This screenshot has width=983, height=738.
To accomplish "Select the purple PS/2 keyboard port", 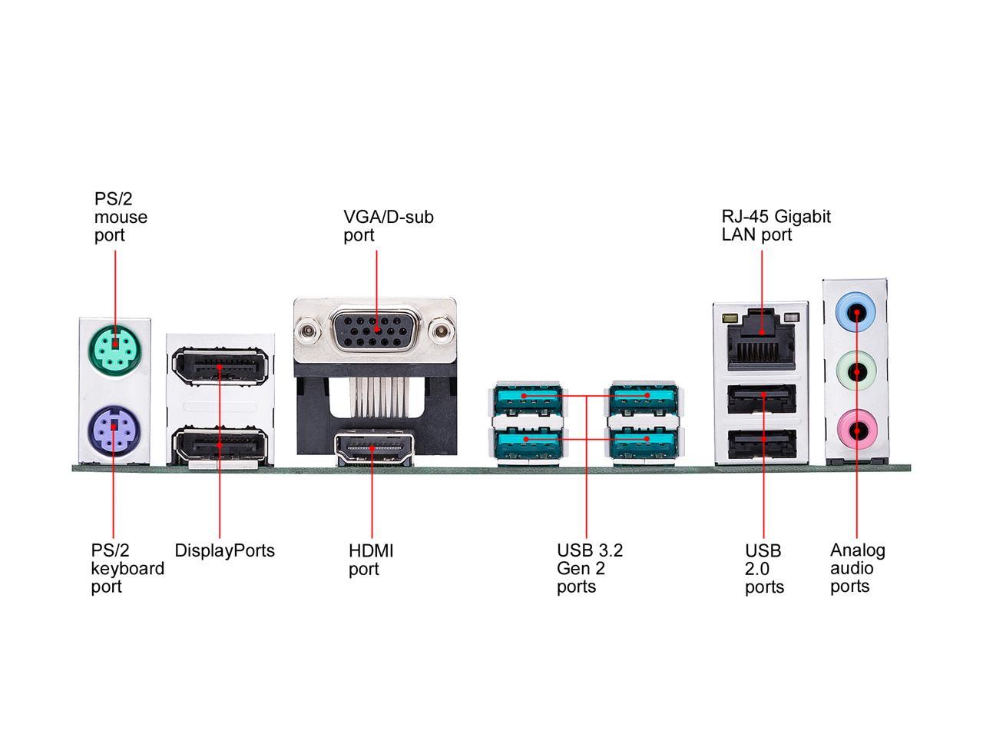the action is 114,430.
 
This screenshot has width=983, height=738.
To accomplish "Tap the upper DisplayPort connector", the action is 220,366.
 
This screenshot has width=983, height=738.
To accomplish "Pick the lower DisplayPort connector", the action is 220,445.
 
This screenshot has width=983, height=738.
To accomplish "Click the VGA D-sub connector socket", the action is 376,331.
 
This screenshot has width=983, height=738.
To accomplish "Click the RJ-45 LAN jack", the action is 761,341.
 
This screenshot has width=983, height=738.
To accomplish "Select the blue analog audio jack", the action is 856,312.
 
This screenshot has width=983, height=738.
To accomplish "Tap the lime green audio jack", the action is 856,371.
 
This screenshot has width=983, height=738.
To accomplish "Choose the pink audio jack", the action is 856,431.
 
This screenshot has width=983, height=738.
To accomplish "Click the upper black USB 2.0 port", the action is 762,398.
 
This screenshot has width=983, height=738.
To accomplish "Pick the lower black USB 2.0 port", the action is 762,444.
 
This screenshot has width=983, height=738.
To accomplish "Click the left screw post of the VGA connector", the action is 307,331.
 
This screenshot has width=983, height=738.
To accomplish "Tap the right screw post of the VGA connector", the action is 441,331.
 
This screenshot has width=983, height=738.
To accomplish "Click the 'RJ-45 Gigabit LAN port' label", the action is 776,225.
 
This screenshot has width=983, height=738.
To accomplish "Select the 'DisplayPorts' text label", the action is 224,550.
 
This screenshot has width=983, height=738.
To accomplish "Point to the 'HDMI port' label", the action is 371,560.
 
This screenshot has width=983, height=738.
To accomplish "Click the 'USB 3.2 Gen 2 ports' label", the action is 589,568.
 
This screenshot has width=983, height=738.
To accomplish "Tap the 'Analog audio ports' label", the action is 857,568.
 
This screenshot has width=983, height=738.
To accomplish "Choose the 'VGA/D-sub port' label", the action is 389,226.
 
